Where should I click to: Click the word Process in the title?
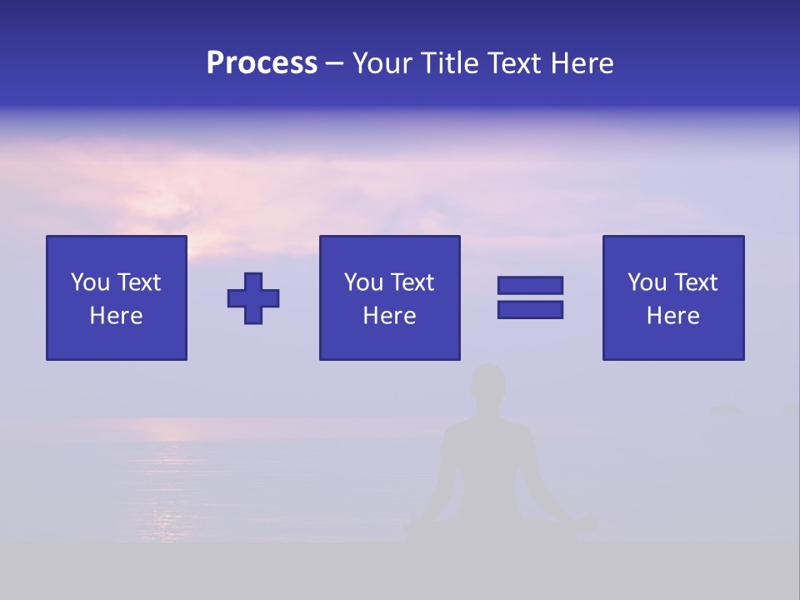pos(262,63)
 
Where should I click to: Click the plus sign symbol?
pos(253,298)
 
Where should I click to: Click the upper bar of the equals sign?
pos(530,285)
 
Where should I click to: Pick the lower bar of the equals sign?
pos(530,309)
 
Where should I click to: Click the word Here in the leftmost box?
pos(116,316)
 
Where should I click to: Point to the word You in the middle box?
pos(363,282)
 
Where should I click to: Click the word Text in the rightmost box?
pos(695,282)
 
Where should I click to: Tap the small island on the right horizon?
pos(727,408)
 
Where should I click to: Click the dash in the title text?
pos(335,63)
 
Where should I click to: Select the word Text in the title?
pos(510,63)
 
